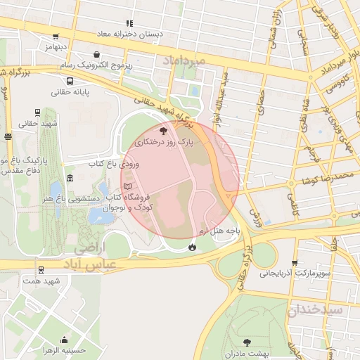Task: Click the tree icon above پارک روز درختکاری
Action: [163, 131]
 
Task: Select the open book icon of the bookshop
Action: [127, 186]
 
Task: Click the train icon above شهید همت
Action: [41, 269]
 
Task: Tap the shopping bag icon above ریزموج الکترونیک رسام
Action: [96, 53]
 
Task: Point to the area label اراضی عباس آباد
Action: [91, 257]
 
